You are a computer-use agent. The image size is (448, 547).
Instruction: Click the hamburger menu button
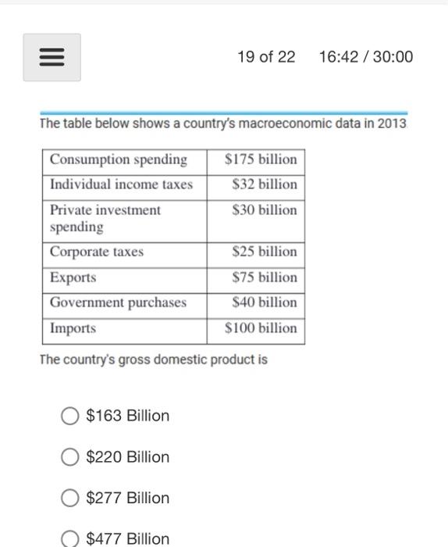[52, 57]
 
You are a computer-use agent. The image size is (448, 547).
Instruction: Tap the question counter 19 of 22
[267, 57]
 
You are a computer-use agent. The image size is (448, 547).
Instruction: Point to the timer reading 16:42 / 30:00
[366, 57]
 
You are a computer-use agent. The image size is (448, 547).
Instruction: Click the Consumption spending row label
[119, 159]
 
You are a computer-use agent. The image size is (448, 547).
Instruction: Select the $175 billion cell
[261, 159]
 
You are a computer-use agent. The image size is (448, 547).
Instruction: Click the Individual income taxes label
[121, 184]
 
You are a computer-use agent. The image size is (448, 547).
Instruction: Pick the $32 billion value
[265, 184]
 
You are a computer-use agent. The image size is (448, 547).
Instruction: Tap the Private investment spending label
[105, 218]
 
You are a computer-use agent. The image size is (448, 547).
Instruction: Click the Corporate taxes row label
[97, 252]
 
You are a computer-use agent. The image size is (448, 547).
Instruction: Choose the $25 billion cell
[265, 252]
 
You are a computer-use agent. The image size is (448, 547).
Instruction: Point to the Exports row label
[73, 277]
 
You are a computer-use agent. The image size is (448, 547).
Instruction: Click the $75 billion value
[265, 277]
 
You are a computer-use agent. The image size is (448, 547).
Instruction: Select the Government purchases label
[119, 302]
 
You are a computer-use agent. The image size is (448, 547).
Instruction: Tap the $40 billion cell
[265, 302]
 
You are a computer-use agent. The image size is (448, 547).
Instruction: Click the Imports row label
[73, 328]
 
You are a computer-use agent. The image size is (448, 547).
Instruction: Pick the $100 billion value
[261, 328]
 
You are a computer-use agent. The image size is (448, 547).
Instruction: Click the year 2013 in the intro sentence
[391, 124]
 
